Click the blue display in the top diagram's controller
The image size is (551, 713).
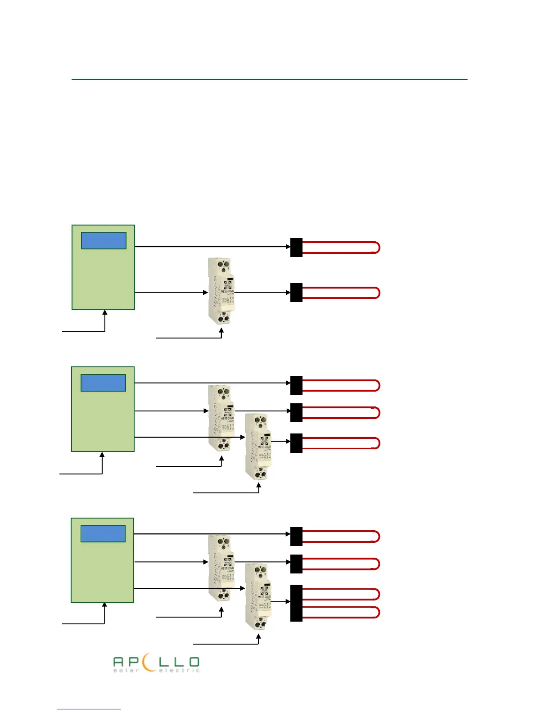click(x=104, y=241)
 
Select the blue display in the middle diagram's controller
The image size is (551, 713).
click(x=103, y=383)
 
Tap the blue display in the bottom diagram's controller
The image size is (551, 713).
click(x=103, y=533)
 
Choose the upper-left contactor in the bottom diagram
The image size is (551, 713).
click(x=221, y=568)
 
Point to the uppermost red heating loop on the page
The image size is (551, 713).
click(x=341, y=248)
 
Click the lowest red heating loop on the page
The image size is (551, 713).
click(x=341, y=613)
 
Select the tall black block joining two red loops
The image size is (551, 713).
click(x=296, y=603)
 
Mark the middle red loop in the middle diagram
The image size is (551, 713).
click(x=341, y=413)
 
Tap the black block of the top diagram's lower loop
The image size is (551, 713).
click(x=296, y=293)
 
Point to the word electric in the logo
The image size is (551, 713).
click(x=179, y=671)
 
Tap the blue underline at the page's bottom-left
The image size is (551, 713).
click(x=89, y=709)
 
